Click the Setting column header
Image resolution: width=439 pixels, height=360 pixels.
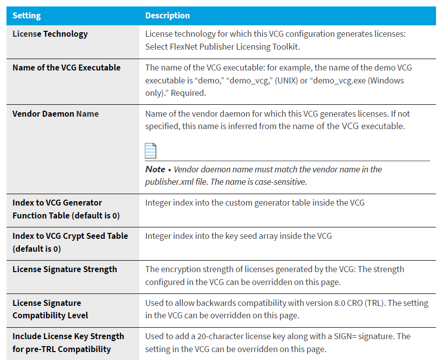coord(27,15)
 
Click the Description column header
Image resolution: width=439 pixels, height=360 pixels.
coord(168,15)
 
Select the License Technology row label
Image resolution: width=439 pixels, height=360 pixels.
coord(50,34)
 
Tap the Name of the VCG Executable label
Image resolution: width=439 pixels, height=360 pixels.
coord(66,68)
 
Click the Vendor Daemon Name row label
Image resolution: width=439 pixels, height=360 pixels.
coord(56,114)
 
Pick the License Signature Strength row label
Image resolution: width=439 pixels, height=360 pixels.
coord(64,269)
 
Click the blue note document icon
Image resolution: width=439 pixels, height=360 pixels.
coord(150,151)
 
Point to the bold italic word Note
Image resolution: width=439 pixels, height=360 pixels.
coord(155,169)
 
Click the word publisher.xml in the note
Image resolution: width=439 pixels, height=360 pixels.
coord(169,182)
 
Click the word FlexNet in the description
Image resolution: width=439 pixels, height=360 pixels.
coord(184,47)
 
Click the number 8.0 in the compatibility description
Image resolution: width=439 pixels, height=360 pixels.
coord(340,303)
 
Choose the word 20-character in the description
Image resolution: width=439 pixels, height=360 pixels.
coord(220,336)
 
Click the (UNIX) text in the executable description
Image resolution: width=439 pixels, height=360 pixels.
coord(286,80)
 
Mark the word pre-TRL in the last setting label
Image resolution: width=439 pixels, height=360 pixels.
coord(40,349)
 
